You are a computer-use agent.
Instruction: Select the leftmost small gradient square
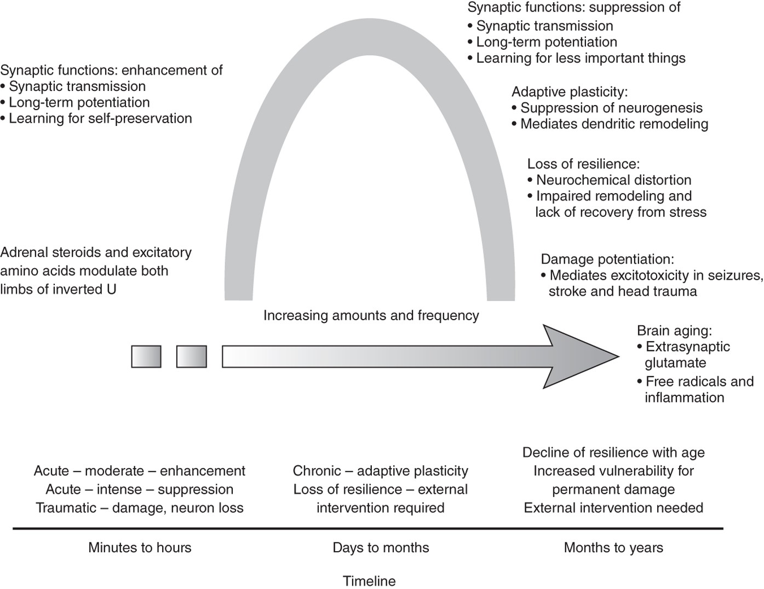coord(146,356)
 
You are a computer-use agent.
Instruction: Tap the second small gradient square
coord(192,356)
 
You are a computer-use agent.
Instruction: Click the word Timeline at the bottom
coord(369,581)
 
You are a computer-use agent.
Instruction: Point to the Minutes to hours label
coord(140,547)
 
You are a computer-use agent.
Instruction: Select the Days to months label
coord(381,547)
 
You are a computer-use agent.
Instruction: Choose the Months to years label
coord(613,547)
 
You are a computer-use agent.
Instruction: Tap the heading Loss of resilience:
coord(583,164)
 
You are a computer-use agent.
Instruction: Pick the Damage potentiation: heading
coord(607,259)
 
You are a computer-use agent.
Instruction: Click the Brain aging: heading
coord(674,331)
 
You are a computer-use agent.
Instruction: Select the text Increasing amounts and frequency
coord(371,315)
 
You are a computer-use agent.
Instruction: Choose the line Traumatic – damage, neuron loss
coord(140,507)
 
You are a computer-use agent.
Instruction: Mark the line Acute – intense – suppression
coord(140,489)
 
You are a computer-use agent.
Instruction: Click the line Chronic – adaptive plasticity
coord(381,471)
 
